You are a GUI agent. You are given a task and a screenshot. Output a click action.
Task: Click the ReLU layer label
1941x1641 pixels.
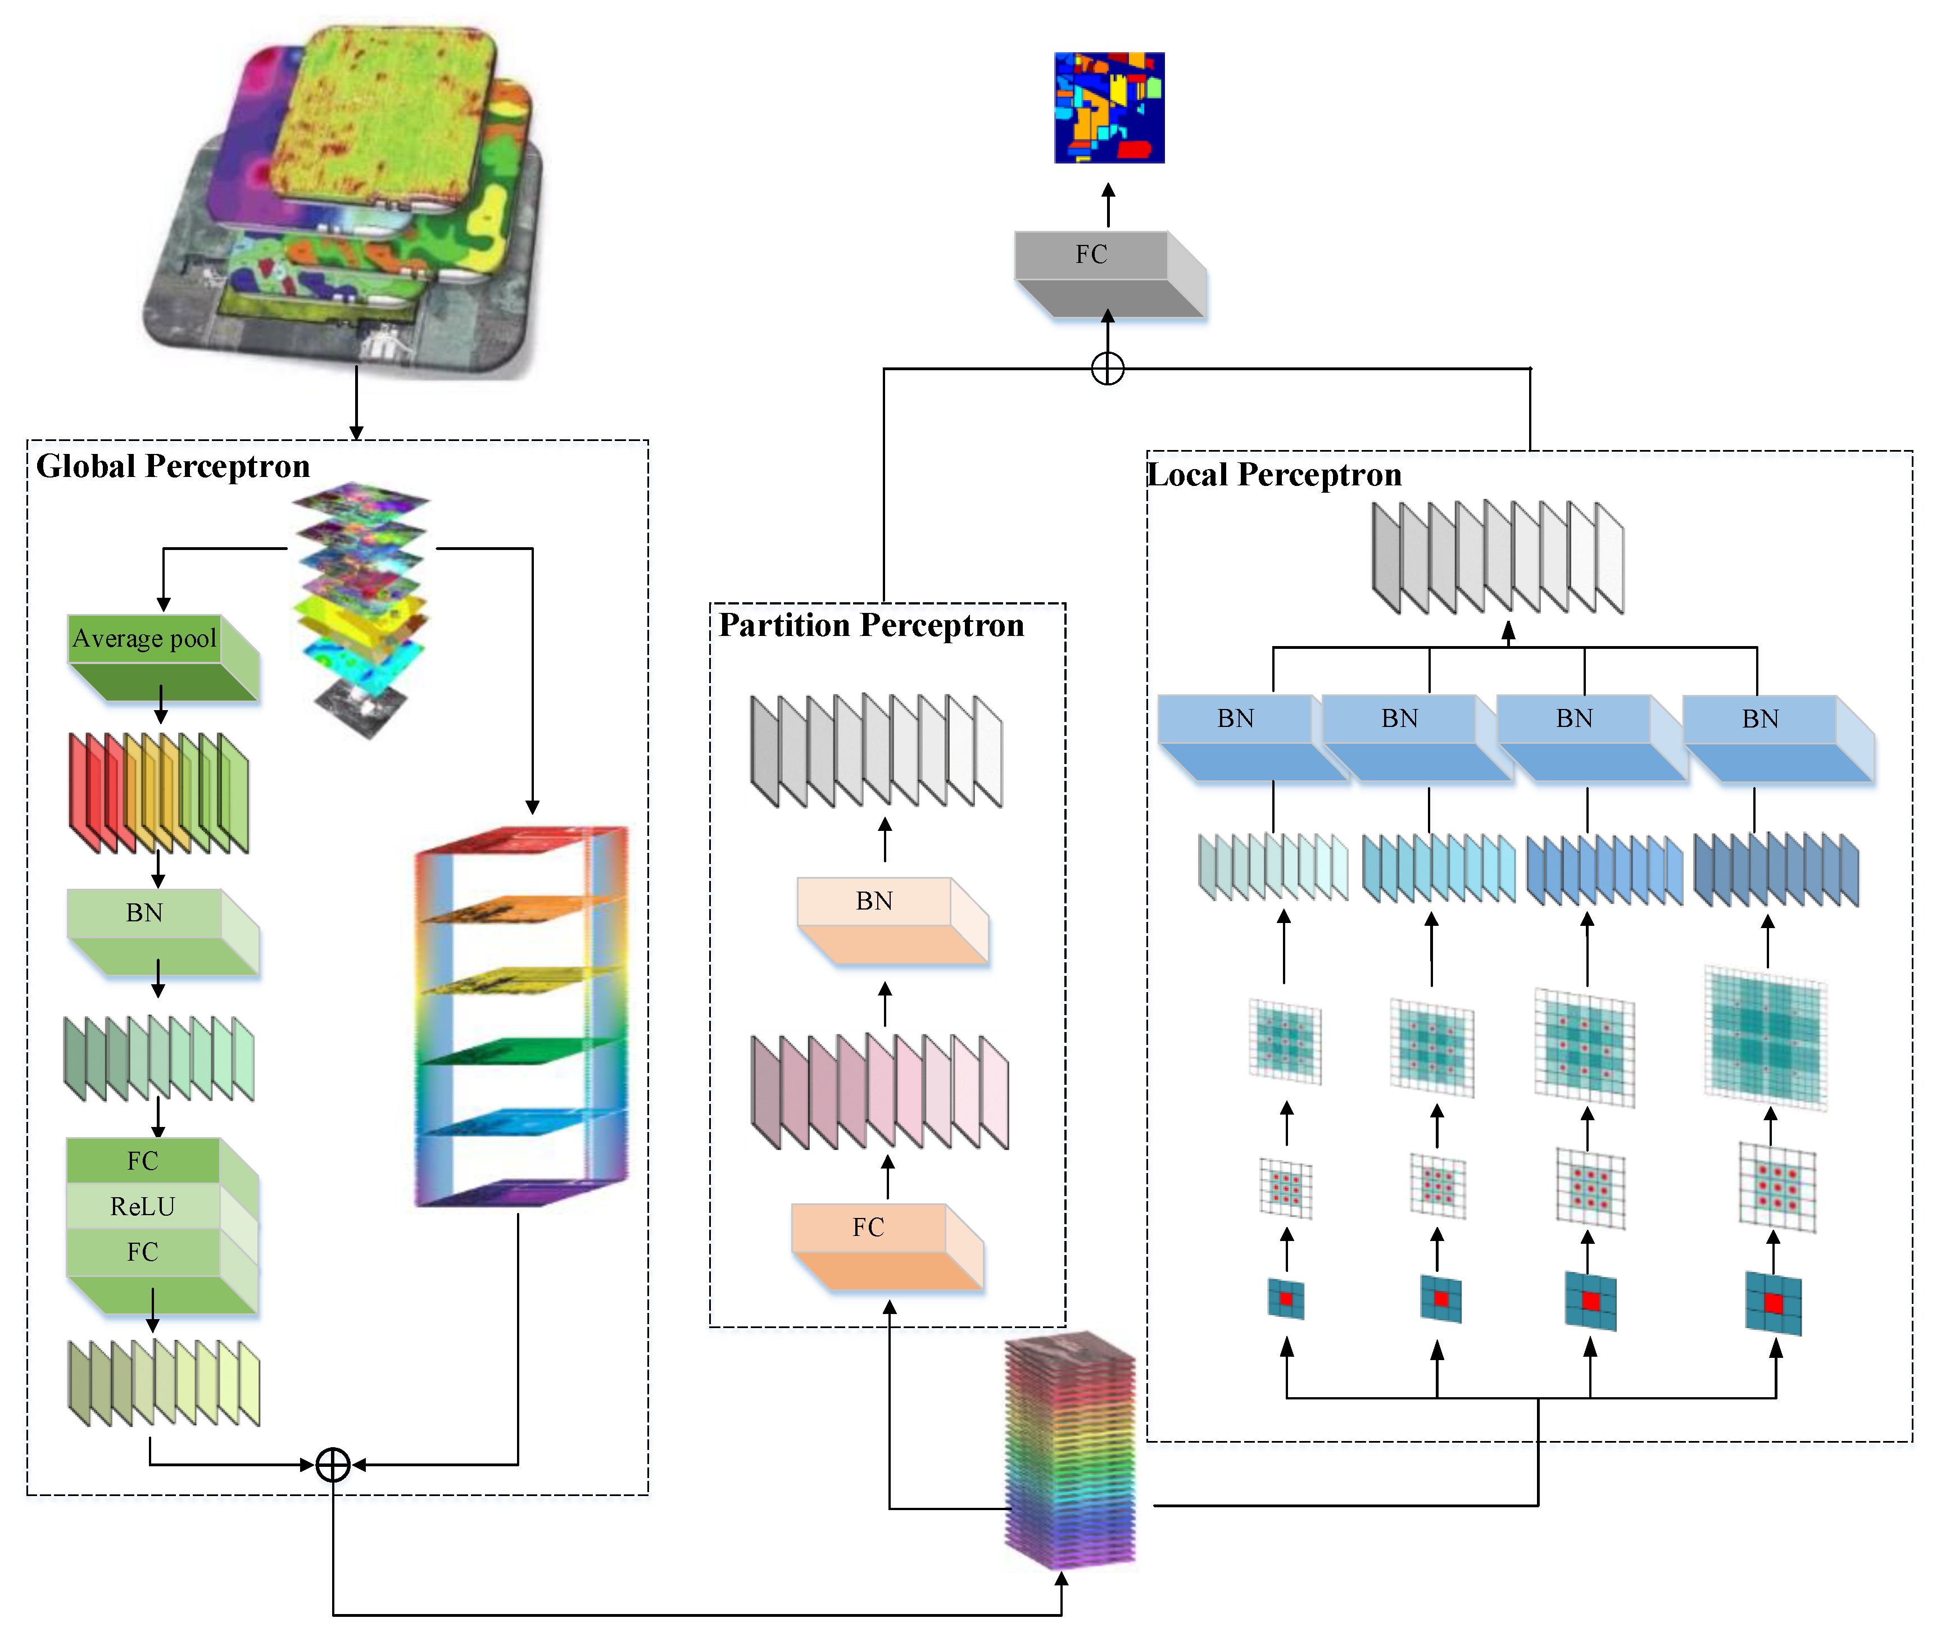pyautogui.click(x=142, y=1207)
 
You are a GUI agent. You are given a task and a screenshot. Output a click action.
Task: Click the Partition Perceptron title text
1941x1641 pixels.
pyautogui.click(x=871, y=625)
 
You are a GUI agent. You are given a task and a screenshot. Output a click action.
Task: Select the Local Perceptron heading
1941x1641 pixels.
pyautogui.click(x=1274, y=475)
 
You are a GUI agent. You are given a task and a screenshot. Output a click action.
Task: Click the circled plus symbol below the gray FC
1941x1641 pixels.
pyautogui.click(x=1107, y=369)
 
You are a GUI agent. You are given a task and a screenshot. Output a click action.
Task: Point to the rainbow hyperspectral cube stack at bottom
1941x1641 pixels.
pyautogui.click(x=1070, y=1451)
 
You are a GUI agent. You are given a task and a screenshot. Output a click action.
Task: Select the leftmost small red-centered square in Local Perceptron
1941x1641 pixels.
pyautogui.click(x=1286, y=1299)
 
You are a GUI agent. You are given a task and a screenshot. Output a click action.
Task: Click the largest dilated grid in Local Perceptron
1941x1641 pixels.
pyautogui.click(x=1765, y=1037)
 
